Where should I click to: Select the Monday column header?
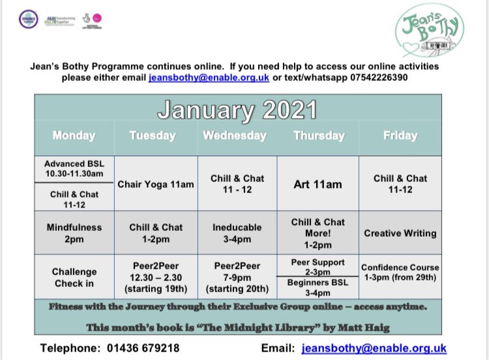click(x=74, y=136)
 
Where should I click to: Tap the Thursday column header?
click(x=319, y=136)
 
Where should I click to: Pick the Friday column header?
click(x=400, y=136)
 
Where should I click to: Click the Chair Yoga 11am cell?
click(x=156, y=185)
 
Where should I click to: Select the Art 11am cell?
click(x=318, y=185)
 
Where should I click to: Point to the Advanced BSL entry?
click(x=74, y=169)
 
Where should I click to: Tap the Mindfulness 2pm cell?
click(x=74, y=233)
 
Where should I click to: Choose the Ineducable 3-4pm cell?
click(x=237, y=233)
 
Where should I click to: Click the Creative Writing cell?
click(x=400, y=233)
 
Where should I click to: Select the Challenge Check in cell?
click(x=74, y=277)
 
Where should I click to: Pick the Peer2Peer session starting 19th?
click(x=156, y=277)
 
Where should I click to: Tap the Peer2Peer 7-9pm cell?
click(x=237, y=277)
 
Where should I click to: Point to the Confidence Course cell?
click(x=400, y=273)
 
